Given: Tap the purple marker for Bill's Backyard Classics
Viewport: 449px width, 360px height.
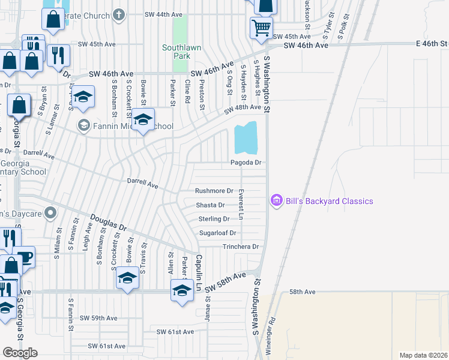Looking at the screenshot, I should coord(276,200).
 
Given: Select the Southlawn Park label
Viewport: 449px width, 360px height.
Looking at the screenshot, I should coord(176,52).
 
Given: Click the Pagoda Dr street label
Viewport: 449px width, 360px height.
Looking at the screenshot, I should coord(247,163).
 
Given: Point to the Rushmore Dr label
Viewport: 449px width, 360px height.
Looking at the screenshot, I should coord(214,191).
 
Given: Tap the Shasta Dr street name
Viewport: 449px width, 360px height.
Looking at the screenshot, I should coord(210,205).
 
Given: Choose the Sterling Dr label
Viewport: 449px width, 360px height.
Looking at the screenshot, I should coord(214,219).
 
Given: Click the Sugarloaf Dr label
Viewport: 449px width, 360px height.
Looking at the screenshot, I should coord(218,233).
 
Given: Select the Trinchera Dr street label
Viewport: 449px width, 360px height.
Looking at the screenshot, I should coord(240,247).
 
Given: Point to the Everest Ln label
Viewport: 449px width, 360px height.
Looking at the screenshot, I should coord(241,204).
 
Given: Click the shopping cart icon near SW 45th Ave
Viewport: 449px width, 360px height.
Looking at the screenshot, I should coord(261,27).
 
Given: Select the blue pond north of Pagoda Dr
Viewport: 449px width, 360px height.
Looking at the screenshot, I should coord(246,138).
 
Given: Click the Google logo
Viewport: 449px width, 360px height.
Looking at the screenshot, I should coord(20,352).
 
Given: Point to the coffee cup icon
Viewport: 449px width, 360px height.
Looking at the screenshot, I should coord(25,256).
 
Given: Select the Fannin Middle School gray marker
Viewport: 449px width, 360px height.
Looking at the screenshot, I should coord(83,125).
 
